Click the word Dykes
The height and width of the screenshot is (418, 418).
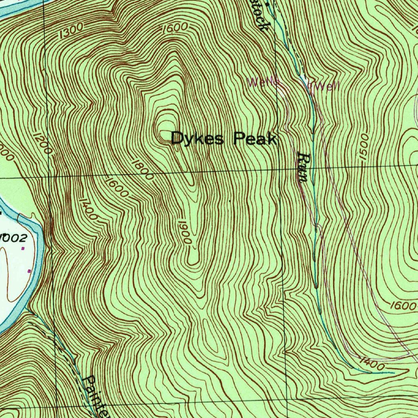(198, 139)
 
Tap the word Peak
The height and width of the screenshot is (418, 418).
(255, 140)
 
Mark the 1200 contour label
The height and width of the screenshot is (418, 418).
(42, 143)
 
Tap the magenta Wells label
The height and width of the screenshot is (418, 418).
(263, 82)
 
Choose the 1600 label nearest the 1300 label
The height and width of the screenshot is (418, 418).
(175, 29)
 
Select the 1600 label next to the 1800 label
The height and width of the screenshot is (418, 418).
(116, 187)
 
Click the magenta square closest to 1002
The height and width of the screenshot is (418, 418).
(23, 248)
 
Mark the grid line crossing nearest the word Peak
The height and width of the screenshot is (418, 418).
(278, 170)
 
